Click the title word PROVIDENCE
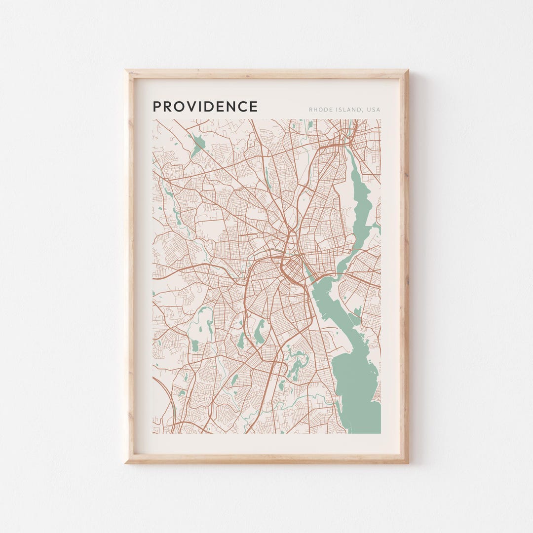[205, 107]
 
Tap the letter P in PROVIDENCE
[157, 107]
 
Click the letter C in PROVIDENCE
[243, 107]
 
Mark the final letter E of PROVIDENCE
[254, 107]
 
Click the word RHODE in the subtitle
[319, 110]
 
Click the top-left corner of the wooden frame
[126, 71]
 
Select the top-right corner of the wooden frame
[407, 71]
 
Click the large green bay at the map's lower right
[358, 385]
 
